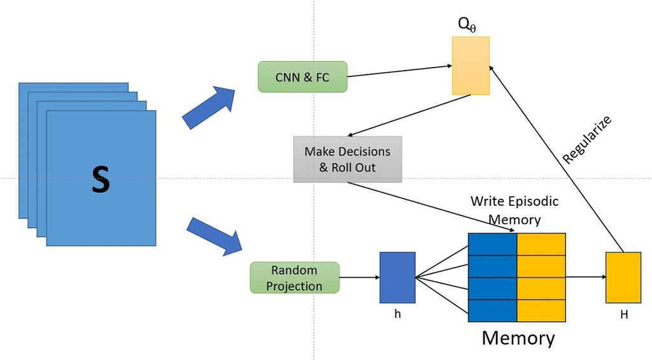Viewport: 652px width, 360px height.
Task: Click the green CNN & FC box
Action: pyautogui.click(x=302, y=78)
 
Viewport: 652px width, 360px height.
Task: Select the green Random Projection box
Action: pyautogui.click(x=294, y=278)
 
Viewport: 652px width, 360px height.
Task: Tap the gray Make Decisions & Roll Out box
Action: pyautogui.click(x=348, y=159)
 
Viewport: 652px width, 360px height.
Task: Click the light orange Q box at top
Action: pyautogui.click(x=471, y=66)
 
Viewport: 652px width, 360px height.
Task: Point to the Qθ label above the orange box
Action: pyautogui.click(x=467, y=25)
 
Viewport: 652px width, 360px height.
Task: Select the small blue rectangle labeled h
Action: pyautogui.click(x=397, y=277)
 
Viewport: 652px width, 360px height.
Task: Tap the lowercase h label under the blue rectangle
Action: pyautogui.click(x=397, y=314)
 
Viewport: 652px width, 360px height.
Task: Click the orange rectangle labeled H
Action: pyautogui.click(x=623, y=277)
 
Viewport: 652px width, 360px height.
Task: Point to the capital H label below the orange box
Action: pyautogui.click(x=623, y=315)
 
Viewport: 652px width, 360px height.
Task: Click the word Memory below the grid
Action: pyautogui.click(x=518, y=337)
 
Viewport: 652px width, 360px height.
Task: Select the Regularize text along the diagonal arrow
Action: pyautogui.click(x=588, y=140)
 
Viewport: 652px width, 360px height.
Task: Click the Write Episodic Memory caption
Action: pyautogui.click(x=514, y=210)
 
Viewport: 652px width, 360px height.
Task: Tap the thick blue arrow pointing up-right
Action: pyautogui.click(x=208, y=108)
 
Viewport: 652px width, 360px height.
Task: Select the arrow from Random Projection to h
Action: pyautogui.click(x=359, y=278)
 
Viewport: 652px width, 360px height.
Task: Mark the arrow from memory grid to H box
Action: pyautogui.click(x=585, y=277)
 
